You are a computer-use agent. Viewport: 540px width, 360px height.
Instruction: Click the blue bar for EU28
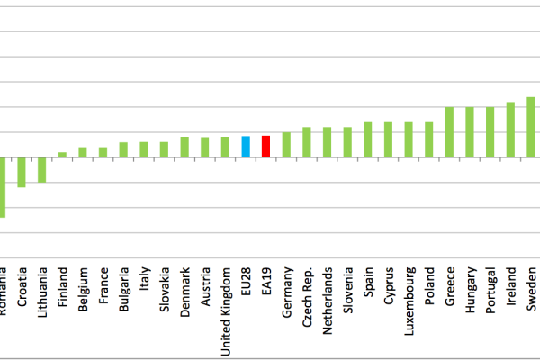246,147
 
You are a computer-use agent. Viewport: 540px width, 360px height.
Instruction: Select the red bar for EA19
265,147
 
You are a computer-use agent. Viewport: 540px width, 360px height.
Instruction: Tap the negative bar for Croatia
22,172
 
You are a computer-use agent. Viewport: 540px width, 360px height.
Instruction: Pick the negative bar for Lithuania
41,169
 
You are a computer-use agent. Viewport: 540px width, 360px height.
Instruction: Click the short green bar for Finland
62,155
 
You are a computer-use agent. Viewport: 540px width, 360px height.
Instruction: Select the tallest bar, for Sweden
530,127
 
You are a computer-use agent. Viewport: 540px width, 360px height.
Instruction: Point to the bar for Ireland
510,130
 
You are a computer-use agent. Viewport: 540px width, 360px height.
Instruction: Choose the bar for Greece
449,132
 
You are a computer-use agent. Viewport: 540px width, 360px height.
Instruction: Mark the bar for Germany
286,145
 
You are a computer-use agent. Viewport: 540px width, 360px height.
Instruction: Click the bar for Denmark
184,147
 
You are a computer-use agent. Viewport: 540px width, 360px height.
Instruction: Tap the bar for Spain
368,139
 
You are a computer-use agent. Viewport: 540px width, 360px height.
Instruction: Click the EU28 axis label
246,283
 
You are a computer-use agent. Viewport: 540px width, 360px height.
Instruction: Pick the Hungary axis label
470,291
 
